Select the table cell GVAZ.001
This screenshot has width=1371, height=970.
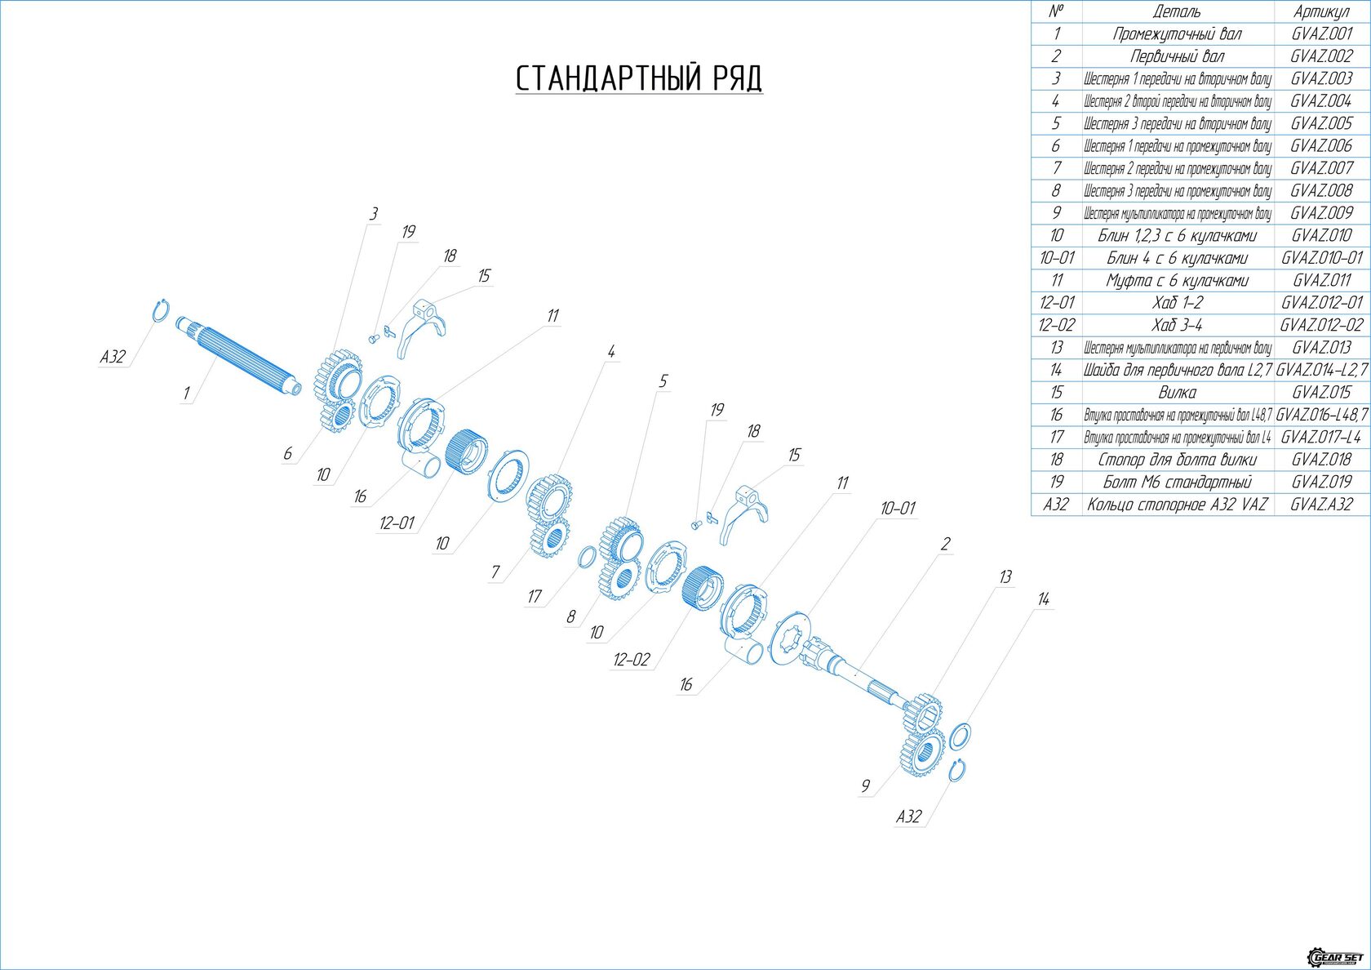(x=1321, y=34)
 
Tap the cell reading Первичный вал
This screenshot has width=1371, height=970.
(x=1177, y=56)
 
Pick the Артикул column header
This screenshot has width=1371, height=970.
(x=1321, y=11)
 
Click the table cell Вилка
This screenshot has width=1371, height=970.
(x=1177, y=392)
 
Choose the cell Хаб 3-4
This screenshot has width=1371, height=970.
(x=1177, y=325)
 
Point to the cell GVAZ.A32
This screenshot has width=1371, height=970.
(x=1321, y=504)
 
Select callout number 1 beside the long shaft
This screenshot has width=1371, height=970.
(x=186, y=394)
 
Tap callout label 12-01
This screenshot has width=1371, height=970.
(x=397, y=523)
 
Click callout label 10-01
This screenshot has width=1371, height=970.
(x=897, y=509)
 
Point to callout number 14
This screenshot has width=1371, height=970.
(x=1043, y=599)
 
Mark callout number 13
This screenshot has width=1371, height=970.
(x=1005, y=577)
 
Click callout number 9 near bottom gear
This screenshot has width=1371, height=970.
(x=865, y=786)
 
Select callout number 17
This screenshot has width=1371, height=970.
(x=534, y=597)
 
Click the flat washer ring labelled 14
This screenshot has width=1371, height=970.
(x=960, y=735)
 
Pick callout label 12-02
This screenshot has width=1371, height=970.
(x=632, y=660)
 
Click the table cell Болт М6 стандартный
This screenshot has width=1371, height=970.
(x=1177, y=482)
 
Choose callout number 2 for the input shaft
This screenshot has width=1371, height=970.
(x=945, y=544)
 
